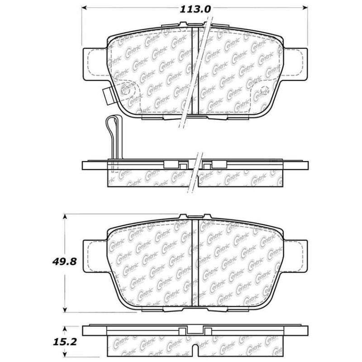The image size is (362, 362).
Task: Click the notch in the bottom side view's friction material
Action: click(x=196, y=351)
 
